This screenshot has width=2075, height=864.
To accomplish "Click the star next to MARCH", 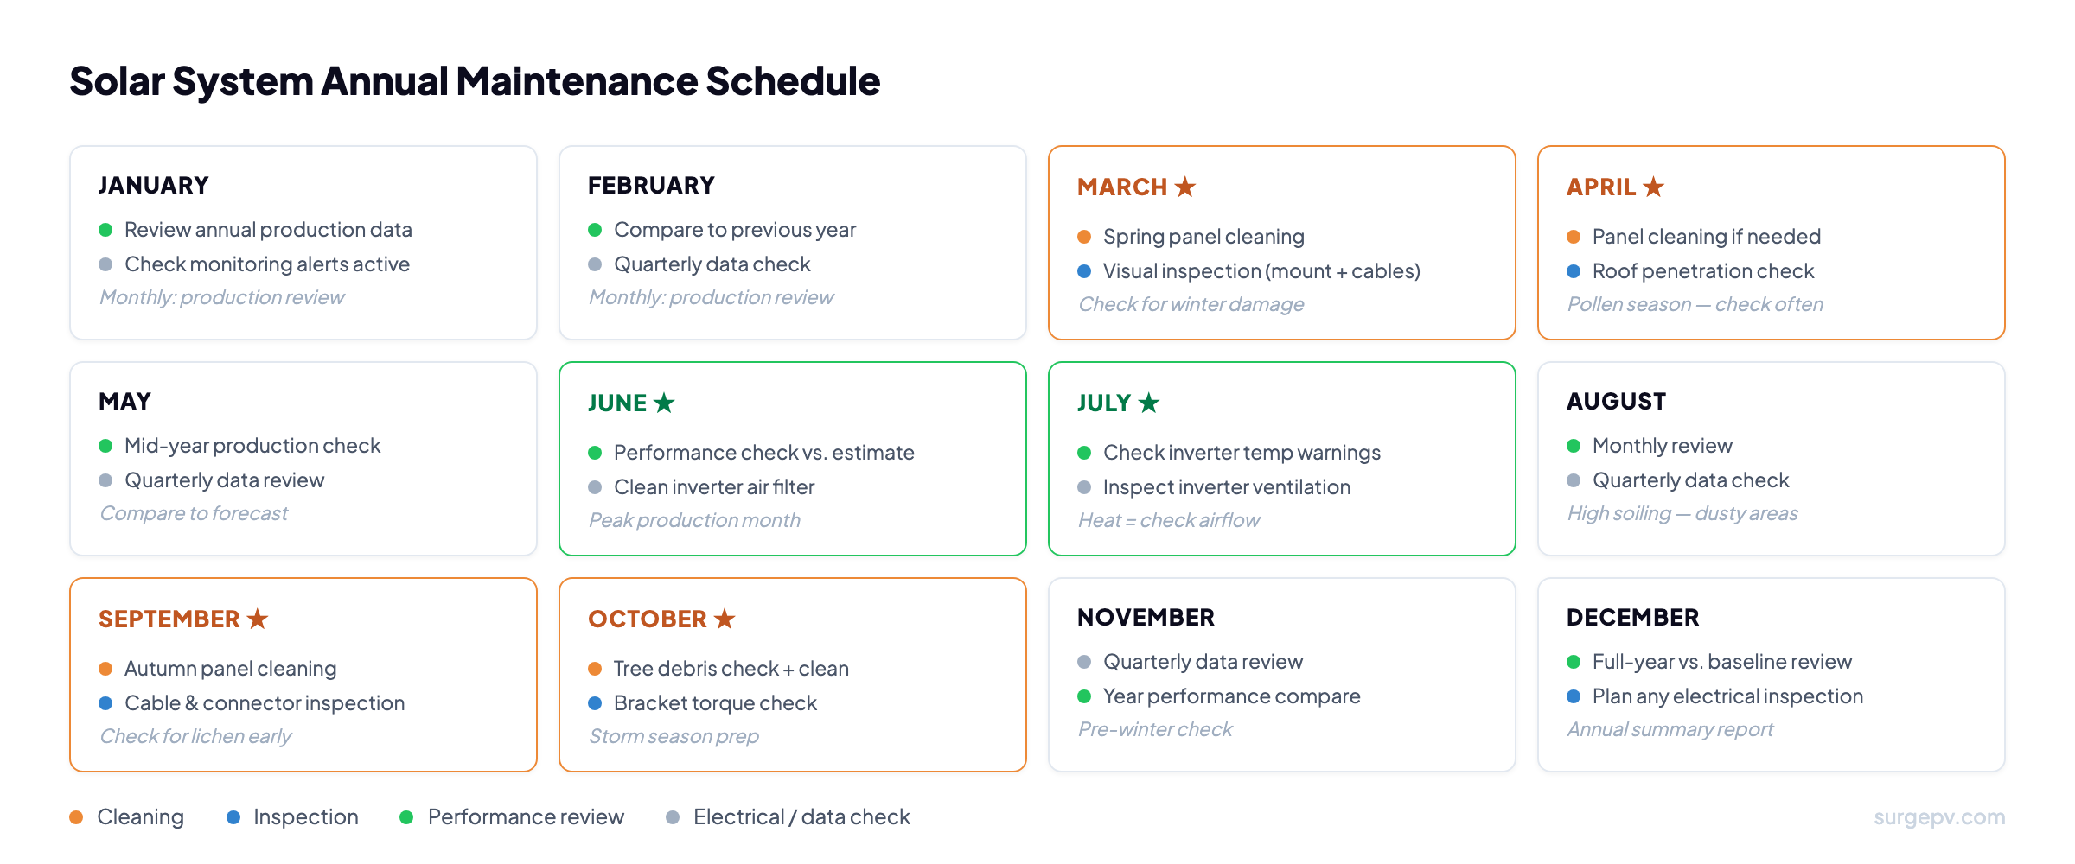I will coord(1185,187).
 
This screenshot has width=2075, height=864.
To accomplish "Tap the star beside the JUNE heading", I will coord(664,403).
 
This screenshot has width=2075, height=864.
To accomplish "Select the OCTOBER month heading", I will coord(647,619).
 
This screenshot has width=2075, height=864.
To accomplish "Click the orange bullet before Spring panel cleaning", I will coord(1084,237).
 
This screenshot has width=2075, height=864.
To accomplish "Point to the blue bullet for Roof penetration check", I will coord(1574,271).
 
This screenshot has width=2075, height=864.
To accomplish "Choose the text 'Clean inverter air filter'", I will coord(714,487).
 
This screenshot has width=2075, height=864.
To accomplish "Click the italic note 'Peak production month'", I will coord(694,520).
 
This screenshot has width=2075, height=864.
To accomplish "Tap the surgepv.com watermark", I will coord(1938,817).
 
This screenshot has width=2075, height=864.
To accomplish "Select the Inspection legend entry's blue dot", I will coord(233,817).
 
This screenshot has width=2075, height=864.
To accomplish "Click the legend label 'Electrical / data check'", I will coord(801,817).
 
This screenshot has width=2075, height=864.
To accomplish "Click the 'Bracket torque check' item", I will coord(715,703).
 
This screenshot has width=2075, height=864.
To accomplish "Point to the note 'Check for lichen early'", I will coord(195,736).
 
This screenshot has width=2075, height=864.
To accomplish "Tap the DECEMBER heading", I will coord(1632,617).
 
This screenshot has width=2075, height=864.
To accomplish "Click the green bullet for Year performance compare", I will coord(1084,696).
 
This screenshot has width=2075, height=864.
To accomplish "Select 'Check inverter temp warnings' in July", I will coord(1242,453).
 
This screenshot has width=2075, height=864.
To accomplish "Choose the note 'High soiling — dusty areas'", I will coord(1682,513).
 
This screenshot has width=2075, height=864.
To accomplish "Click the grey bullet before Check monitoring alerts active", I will coord(105,264).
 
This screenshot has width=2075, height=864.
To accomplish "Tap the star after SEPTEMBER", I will coord(258,619).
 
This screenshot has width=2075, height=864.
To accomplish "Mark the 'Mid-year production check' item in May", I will coord(252,446).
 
